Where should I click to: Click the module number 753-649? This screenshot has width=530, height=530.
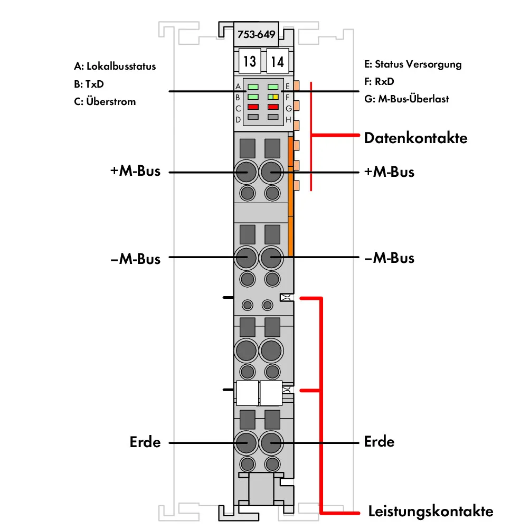tap(256, 34)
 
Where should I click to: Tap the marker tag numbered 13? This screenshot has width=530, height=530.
tap(250, 61)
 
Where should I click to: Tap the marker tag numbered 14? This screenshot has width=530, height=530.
tap(278, 61)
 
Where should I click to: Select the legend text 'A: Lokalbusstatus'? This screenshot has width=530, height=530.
tap(115, 67)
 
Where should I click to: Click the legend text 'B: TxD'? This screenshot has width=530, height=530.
tap(89, 84)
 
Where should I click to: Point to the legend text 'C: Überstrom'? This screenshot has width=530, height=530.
tap(105, 101)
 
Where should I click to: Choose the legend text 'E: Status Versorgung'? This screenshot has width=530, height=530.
tap(413, 64)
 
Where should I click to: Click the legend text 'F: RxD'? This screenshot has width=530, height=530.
tap(379, 81)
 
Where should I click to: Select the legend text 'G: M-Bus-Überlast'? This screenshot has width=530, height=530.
tap(406, 99)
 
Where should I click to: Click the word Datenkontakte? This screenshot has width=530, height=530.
tap(416, 138)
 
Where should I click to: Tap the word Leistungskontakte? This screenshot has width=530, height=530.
tap(431, 511)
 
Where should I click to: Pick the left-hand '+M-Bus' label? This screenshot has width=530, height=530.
tap(135, 171)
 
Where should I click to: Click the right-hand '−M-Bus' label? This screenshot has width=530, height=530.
tap(389, 258)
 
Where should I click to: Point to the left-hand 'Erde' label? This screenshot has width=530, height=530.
tap(145, 442)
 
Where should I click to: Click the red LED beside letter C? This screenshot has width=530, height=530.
tap(253, 107)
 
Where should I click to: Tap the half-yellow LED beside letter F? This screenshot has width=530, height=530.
tap(273, 97)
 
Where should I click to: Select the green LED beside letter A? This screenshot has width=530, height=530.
tap(253, 87)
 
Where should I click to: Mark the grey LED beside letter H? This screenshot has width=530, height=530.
tap(273, 117)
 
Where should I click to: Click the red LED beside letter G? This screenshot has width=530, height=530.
tap(273, 107)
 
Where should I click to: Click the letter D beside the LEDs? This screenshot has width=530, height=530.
tap(238, 120)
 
